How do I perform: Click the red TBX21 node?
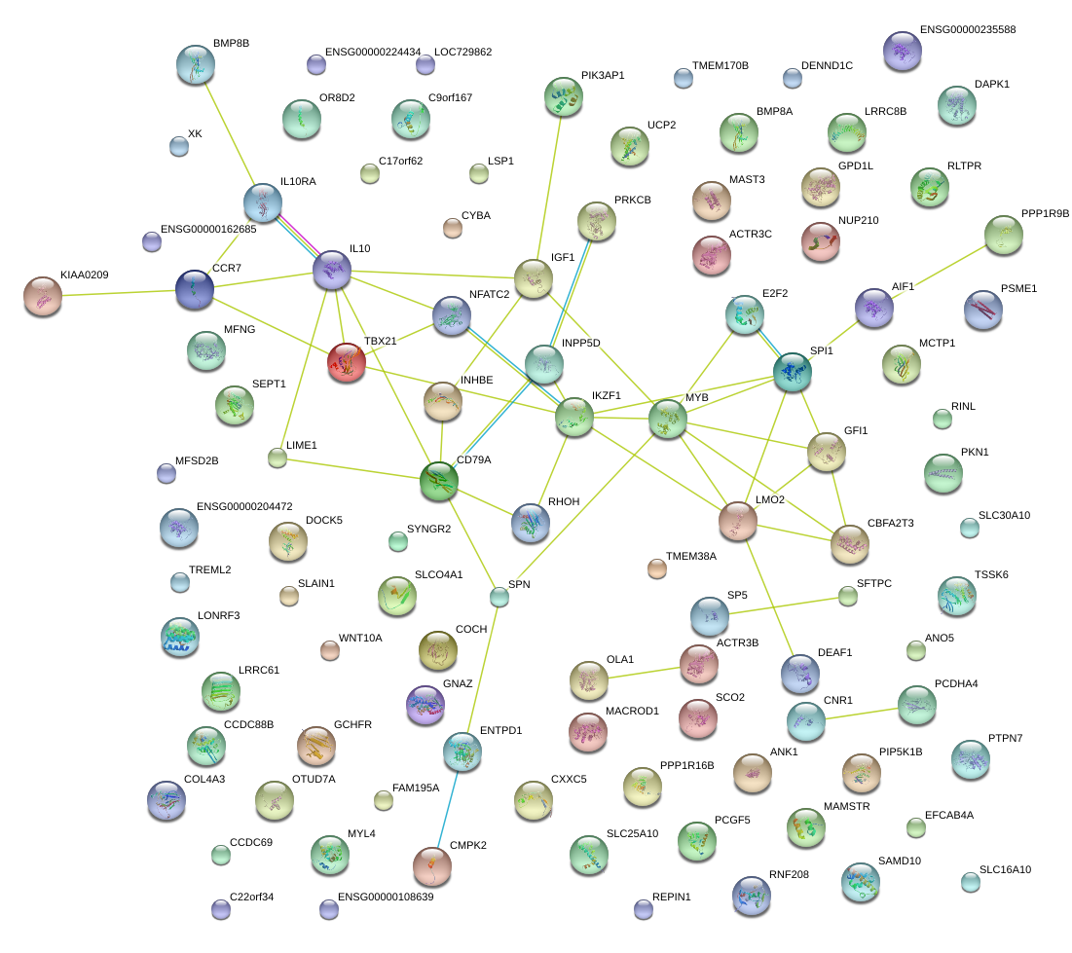coord(348,361)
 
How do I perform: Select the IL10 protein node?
coord(332,269)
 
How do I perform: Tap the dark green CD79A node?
coord(439,480)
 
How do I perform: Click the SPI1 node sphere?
coord(793,372)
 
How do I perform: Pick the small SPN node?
coord(499,597)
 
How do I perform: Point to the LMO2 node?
coord(738,521)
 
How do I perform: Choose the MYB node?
coord(668,419)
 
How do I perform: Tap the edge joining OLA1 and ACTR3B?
coord(644,671)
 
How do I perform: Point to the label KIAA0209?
coord(84,275)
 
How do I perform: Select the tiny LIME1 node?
coord(277,458)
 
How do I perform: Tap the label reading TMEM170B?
coord(720,66)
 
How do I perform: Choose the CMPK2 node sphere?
coord(432,865)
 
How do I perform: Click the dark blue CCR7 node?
coord(195,289)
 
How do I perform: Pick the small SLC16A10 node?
coord(971,882)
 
